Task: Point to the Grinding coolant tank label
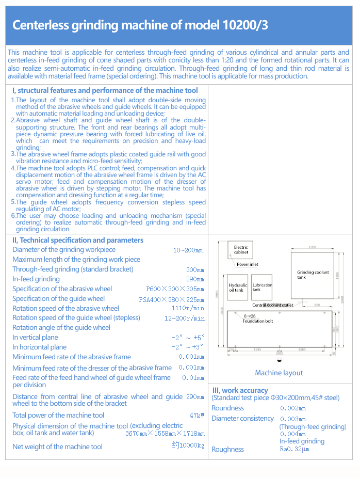pyautogui.click(x=313, y=275)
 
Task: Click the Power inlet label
pyautogui.click(x=248, y=264)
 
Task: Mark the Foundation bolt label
pyautogui.click(x=258, y=321)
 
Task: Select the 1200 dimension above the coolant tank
pyautogui.click(x=313, y=247)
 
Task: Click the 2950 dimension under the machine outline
pyautogui.click(x=280, y=353)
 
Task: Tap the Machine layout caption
pyautogui.click(x=279, y=373)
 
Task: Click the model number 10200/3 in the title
pyautogui.click(x=246, y=25)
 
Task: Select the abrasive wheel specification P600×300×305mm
pyautogui.click(x=175, y=289)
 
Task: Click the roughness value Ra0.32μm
pyautogui.click(x=294, y=449)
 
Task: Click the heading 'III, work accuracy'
pyautogui.click(x=240, y=390)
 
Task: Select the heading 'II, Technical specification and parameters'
pyautogui.click(x=78, y=240)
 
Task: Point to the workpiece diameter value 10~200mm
pyautogui.click(x=188, y=250)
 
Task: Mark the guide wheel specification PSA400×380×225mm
pyautogui.click(x=171, y=299)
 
